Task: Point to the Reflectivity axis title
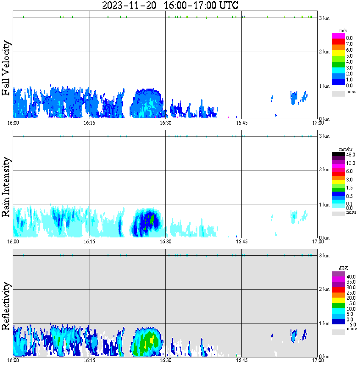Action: pos(6,307)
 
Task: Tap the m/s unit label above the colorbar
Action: pos(343,31)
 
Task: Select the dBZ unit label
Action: pos(343,268)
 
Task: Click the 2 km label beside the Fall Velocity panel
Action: pos(324,52)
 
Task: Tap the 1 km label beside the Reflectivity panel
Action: pos(324,323)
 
